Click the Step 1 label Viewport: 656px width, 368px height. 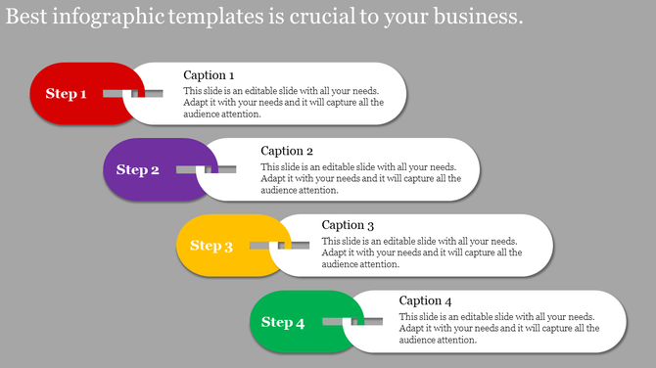67,94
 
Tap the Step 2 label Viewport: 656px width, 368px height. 138,170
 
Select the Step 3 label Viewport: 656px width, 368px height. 211,246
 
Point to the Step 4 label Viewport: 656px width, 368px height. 283,322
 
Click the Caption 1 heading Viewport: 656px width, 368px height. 209,75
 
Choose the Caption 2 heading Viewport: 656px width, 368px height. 287,151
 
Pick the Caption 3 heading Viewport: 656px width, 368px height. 349,225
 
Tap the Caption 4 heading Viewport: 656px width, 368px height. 426,300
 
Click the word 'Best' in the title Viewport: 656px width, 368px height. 27,17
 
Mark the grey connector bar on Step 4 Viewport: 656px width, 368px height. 344,321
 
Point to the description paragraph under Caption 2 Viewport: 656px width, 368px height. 360,178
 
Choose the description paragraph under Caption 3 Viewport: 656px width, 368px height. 421,253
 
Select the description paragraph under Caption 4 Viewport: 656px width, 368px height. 498,328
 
